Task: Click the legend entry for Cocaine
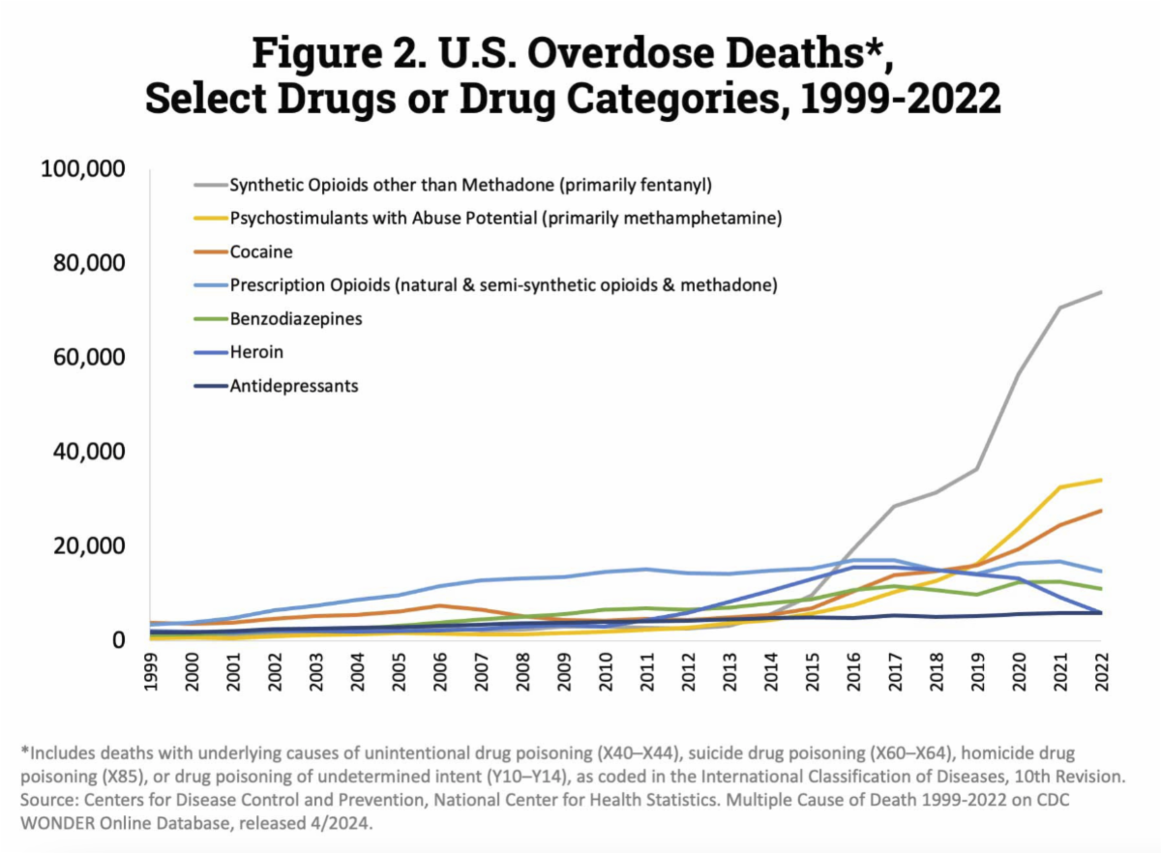pyautogui.click(x=261, y=251)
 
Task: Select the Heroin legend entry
pyautogui.click(x=256, y=352)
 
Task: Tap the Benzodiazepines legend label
pyautogui.click(x=295, y=318)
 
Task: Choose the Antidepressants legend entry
pyautogui.click(x=293, y=386)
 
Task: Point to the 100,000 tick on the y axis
pyautogui.click(x=84, y=169)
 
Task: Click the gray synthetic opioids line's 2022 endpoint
pyautogui.click(x=1101, y=291)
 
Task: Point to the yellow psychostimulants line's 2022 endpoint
pyautogui.click(x=1101, y=480)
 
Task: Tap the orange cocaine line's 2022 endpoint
pyautogui.click(x=1101, y=510)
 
